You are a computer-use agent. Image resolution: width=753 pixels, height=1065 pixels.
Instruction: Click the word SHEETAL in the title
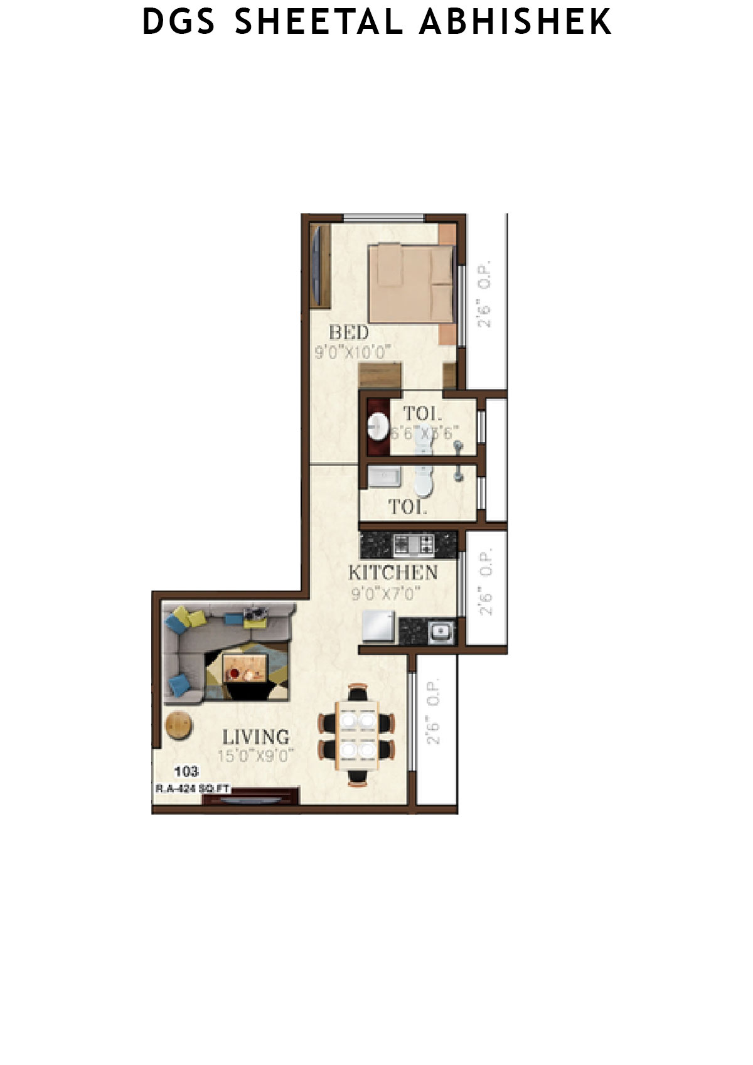pyautogui.click(x=318, y=22)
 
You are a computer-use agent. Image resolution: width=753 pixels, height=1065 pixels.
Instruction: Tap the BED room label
pyautogui.click(x=348, y=332)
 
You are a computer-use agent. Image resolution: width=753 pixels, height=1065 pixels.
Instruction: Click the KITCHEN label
pyautogui.click(x=393, y=572)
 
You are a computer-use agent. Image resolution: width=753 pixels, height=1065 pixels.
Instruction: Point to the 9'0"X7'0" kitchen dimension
pyautogui.click(x=385, y=592)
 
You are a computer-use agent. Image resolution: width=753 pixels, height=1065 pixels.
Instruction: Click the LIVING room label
pyautogui.click(x=255, y=736)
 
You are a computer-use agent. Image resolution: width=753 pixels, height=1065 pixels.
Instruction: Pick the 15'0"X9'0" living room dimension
pyautogui.click(x=255, y=755)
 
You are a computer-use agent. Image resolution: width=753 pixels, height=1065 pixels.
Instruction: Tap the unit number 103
pyautogui.click(x=186, y=771)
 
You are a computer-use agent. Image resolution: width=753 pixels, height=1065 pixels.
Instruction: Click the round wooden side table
pyautogui.click(x=178, y=725)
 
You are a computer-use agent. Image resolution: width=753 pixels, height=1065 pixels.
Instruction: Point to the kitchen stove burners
pyautogui.click(x=414, y=543)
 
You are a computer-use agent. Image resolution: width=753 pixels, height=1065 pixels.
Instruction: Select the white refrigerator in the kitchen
pyautogui.click(x=378, y=628)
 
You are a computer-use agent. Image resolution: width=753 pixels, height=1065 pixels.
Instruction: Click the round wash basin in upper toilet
pyautogui.click(x=378, y=427)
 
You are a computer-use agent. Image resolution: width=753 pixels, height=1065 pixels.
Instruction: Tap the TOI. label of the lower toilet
pyautogui.click(x=407, y=507)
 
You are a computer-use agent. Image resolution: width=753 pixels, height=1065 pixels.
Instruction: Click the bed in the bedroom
pyautogui.click(x=410, y=283)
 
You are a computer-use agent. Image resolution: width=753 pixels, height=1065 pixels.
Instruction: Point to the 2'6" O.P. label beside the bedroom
pyautogui.click(x=484, y=294)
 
